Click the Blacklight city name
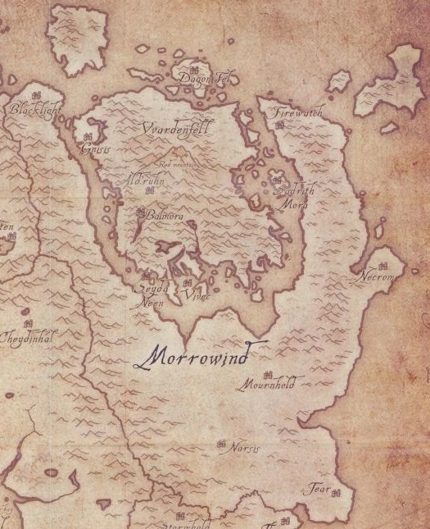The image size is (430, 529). (x=34, y=108)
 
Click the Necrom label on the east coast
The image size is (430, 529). (x=378, y=277)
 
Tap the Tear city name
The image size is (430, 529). (x=317, y=490)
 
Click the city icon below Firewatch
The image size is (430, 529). (x=279, y=125)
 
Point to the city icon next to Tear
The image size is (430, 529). (x=335, y=491)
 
